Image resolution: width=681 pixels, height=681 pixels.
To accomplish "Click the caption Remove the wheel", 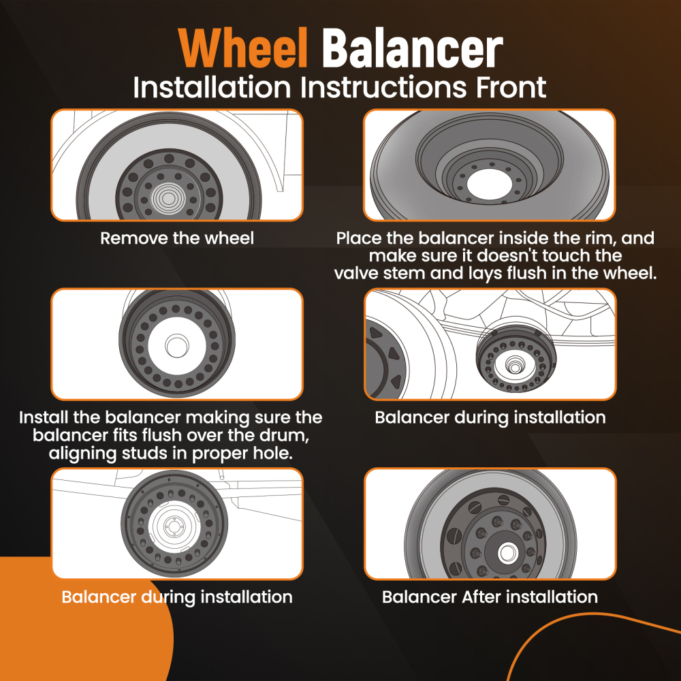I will (x=177, y=238).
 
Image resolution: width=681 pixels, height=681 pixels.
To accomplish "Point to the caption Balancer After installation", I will (x=490, y=597).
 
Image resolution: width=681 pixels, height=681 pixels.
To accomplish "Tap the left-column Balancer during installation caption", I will (x=177, y=597).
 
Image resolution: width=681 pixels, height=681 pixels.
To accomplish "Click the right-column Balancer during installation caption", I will (x=490, y=417).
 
